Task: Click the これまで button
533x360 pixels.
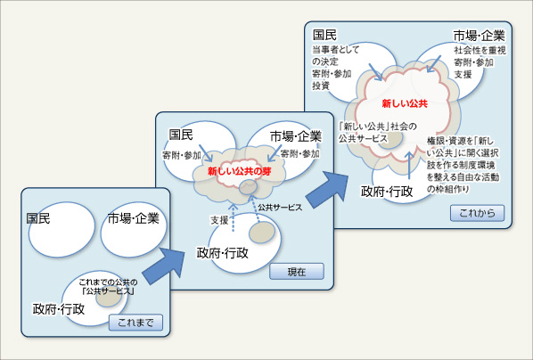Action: [x=135, y=323]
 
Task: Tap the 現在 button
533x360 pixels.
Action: [x=297, y=272]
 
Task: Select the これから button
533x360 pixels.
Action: [x=477, y=213]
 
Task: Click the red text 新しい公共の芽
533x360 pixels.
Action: [x=239, y=171]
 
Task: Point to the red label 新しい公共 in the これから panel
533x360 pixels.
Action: [x=405, y=103]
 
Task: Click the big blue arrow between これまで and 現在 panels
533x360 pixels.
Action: [x=163, y=266]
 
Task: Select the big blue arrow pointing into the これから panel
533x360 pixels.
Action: [x=327, y=190]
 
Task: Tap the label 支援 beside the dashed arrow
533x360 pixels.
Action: [x=219, y=220]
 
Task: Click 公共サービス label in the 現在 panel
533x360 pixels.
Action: [x=280, y=208]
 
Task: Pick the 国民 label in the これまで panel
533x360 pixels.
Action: [x=38, y=218]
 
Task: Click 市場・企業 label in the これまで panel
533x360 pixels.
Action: [x=134, y=218]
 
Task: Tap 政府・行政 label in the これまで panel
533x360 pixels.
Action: [x=59, y=309]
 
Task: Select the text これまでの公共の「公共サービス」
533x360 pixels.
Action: [x=108, y=287]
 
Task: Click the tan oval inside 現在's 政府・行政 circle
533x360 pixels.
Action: [x=262, y=233]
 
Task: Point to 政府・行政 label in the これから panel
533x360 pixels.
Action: [x=387, y=192]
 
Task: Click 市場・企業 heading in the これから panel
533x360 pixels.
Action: [x=479, y=36]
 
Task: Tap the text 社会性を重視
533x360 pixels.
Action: [x=480, y=50]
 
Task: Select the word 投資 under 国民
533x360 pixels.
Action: [x=321, y=86]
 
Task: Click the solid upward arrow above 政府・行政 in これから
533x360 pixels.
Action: [x=409, y=165]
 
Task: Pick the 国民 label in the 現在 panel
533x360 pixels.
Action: [x=181, y=135]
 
